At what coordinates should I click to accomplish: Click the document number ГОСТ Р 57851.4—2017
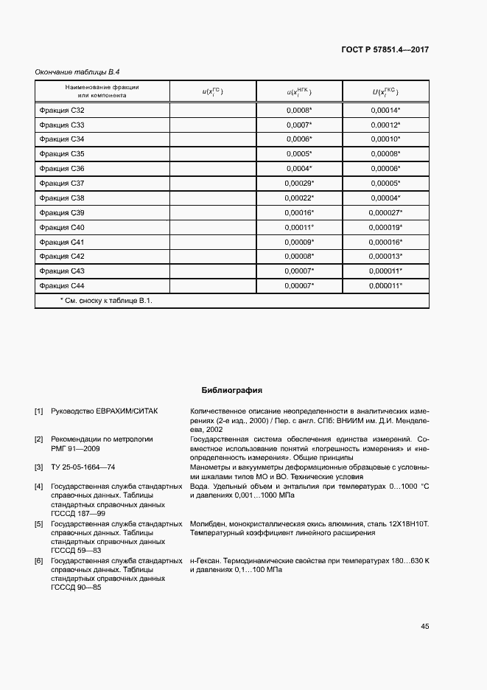point(385,50)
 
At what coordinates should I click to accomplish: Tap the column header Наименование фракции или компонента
point(102,91)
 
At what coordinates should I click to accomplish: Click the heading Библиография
point(232,390)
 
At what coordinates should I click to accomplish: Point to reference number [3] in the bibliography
point(39,467)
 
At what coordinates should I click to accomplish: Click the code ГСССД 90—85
point(76,587)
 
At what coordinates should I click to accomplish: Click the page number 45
point(424,626)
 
